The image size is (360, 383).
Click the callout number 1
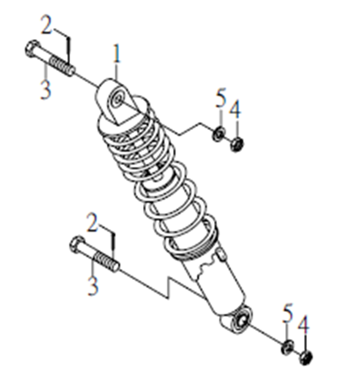pyautogui.click(x=117, y=54)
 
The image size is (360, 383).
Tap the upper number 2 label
pyautogui.click(x=46, y=25)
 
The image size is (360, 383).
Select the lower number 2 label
pyautogui.click(x=93, y=222)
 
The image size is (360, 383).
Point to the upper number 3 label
pyautogui.click(x=45, y=90)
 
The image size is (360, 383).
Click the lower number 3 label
pyautogui.click(x=93, y=286)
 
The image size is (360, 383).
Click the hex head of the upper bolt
pyautogui.click(x=32, y=49)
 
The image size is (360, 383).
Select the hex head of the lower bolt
pyautogui.click(x=77, y=245)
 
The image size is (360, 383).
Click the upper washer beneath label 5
pyautogui.click(x=219, y=134)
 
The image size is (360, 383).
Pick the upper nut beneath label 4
pyautogui.click(x=236, y=144)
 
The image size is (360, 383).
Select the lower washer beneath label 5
pyautogui.click(x=287, y=347)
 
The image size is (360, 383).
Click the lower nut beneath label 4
pyautogui.click(x=305, y=358)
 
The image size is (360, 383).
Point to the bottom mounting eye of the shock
pyautogui.click(x=242, y=320)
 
